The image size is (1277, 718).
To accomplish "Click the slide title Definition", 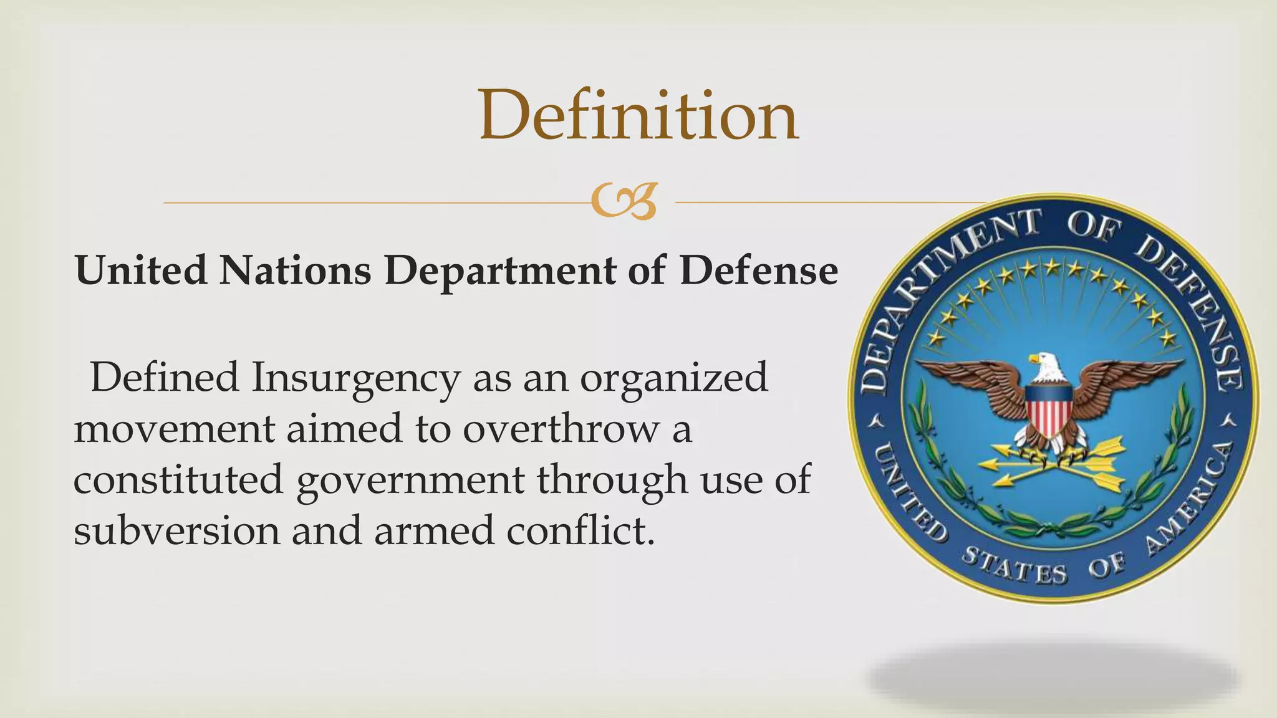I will pos(638,116).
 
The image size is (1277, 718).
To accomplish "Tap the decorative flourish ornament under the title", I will pos(624,202).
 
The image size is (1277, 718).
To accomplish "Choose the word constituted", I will pos(178,480).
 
